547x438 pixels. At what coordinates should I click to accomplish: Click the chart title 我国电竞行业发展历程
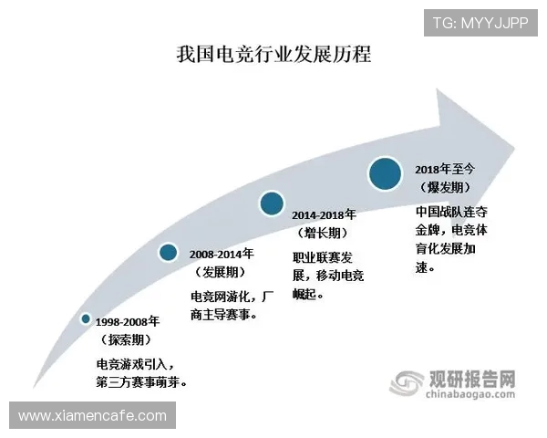tap(273, 56)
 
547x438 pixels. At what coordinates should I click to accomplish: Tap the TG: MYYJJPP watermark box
tap(480, 22)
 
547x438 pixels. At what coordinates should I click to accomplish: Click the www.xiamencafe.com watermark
tap(92, 416)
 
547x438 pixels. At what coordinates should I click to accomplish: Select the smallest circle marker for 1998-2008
tap(86, 318)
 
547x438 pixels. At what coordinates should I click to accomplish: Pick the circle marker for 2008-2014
tap(168, 253)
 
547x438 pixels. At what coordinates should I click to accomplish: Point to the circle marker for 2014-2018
tap(271, 203)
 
